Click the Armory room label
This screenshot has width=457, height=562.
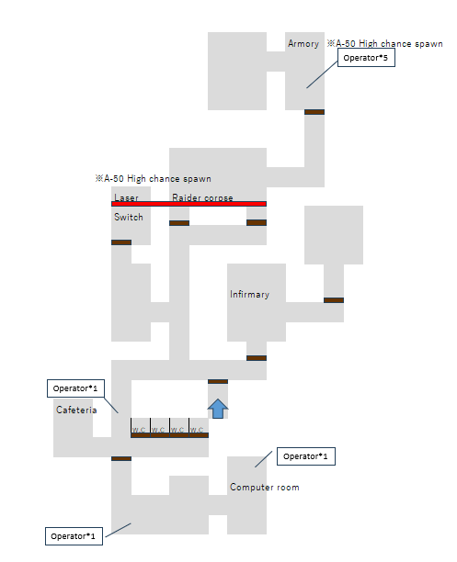[303, 44]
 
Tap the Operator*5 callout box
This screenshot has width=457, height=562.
[366, 58]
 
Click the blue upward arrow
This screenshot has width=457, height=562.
[218, 409]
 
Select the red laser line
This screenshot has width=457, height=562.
[189, 204]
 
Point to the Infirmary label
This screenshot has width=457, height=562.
[249, 294]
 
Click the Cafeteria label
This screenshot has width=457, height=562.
[76, 410]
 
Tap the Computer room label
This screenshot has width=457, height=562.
[265, 487]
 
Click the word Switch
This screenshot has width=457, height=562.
[129, 218]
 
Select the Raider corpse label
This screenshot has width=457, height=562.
[202, 197]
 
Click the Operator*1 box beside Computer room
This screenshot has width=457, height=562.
[306, 456]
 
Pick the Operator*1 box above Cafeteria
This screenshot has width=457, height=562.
[75, 388]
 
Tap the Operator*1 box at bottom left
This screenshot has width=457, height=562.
[74, 536]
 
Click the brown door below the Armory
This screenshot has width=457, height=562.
[314, 112]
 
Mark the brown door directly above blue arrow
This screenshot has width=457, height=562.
[218, 381]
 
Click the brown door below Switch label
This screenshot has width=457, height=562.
[121, 242]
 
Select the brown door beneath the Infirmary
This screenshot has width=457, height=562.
[257, 358]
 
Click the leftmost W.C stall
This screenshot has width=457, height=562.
[141, 428]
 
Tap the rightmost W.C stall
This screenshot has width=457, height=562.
[199, 428]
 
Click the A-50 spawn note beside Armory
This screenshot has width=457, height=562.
[384, 44]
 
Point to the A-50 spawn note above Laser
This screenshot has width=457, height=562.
[153, 178]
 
